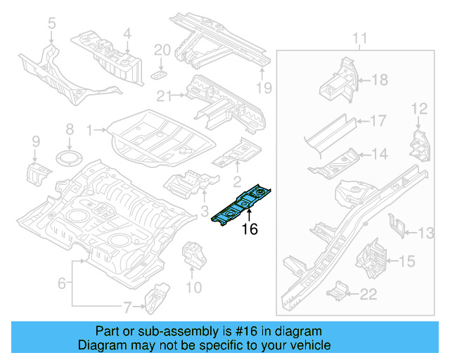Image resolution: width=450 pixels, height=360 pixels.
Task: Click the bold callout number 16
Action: pyautogui.click(x=250, y=229)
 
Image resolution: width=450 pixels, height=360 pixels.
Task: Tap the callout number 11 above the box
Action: pyautogui.click(x=360, y=37)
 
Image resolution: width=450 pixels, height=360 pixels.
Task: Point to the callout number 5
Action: pyautogui.click(x=51, y=25)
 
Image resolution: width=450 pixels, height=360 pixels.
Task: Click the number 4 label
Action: pyautogui.click(x=127, y=32)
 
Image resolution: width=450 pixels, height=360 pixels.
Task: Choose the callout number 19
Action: pyautogui.click(x=263, y=88)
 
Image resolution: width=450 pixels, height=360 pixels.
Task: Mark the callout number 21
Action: pyautogui.click(x=164, y=96)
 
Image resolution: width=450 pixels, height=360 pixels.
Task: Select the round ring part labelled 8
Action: pyautogui.click(x=69, y=157)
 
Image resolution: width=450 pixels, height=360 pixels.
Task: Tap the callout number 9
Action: pyautogui.click(x=35, y=144)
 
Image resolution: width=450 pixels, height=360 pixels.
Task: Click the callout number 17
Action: pyautogui.click(x=378, y=121)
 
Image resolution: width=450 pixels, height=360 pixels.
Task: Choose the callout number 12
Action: pyautogui.click(x=419, y=108)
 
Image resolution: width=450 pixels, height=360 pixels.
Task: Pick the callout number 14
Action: pyautogui.click(x=379, y=154)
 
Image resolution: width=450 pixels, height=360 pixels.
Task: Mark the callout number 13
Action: pyautogui.click(x=427, y=233)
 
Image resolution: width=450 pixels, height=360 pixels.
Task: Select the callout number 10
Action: pyautogui.click(x=193, y=287)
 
